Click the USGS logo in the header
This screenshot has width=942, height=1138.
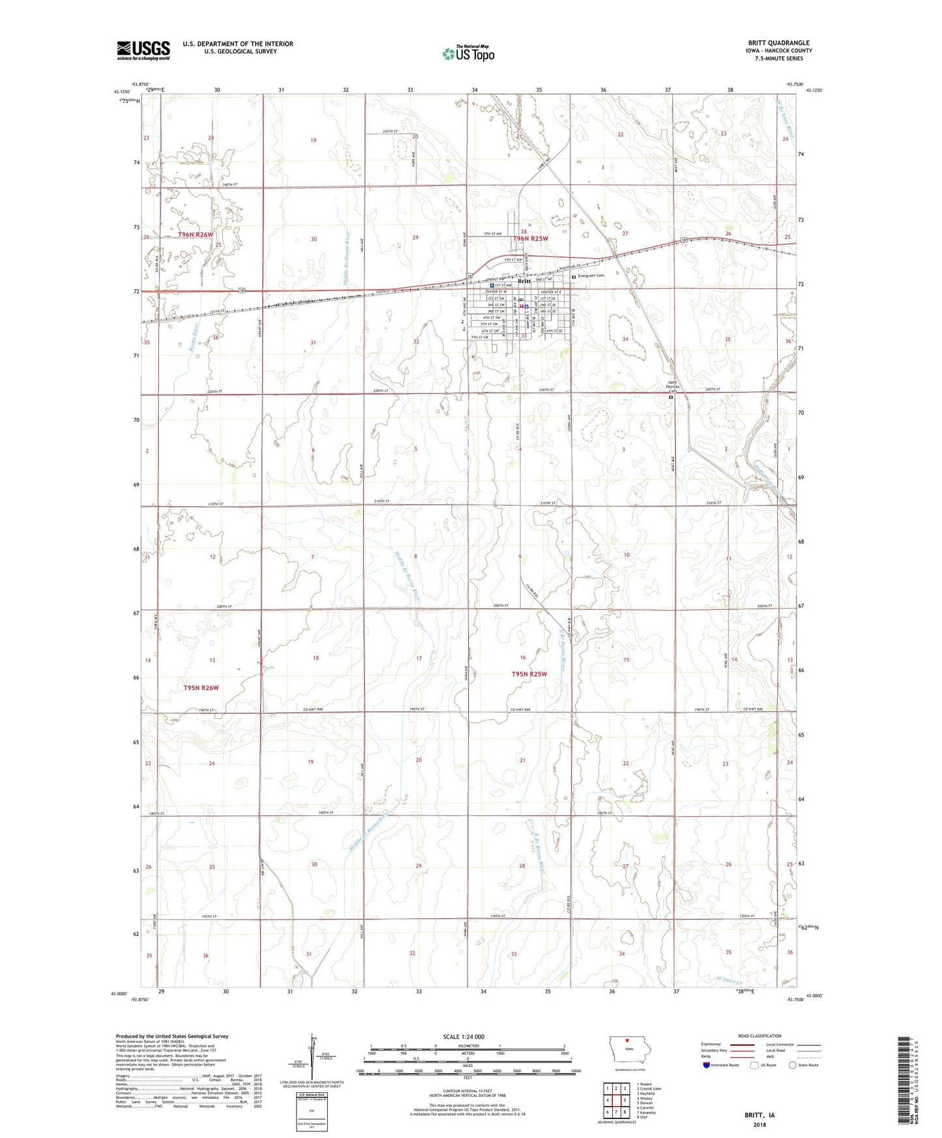[x=143, y=50]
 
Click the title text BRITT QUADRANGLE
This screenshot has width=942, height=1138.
[x=778, y=43]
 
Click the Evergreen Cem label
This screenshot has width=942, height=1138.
[x=591, y=276]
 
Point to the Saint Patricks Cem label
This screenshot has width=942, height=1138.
[x=673, y=386]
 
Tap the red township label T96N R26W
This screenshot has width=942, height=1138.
[x=196, y=235]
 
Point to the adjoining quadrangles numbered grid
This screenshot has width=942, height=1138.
[x=616, y=1100]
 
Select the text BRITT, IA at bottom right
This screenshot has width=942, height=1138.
[x=759, y=1115]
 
